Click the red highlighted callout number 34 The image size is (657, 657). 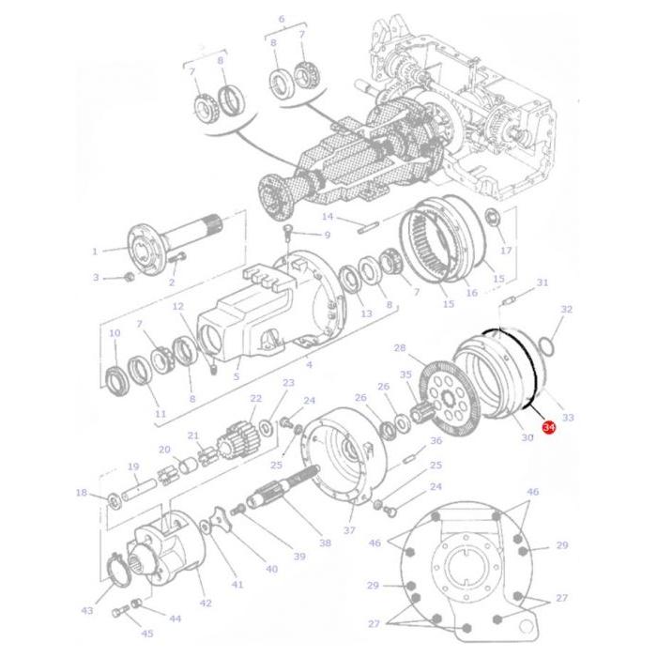click(x=548, y=427)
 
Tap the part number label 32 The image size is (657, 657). click(x=567, y=309)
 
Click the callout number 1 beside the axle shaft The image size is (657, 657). click(x=95, y=252)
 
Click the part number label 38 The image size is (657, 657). click(x=325, y=543)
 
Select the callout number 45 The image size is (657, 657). click(x=147, y=634)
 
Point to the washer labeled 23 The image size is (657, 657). click(x=266, y=428)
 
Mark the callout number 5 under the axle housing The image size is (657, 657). click(x=237, y=376)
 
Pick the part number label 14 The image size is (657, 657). click(x=328, y=217)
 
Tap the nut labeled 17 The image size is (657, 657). click(x=491, y=217)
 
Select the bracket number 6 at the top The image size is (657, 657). click(x=282, y=19)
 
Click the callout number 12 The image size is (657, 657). click(x=178, y=306)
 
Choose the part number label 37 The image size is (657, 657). click(x=349, y=530)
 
